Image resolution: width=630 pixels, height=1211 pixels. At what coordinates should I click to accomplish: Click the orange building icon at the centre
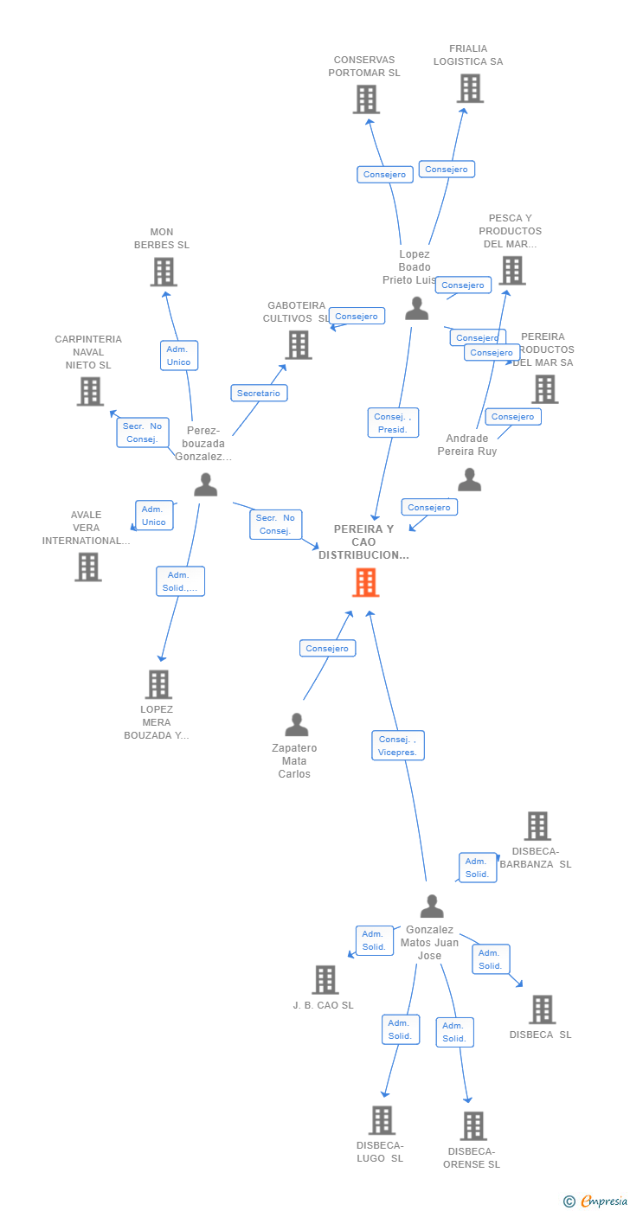click(x=366, y=582)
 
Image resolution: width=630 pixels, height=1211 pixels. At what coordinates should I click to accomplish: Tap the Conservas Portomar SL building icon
click(x=366, y=99)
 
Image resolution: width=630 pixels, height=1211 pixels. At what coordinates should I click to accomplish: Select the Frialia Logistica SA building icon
click(x=470, y=88)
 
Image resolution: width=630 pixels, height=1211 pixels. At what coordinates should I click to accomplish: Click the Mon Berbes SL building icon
click(x=163, y=272)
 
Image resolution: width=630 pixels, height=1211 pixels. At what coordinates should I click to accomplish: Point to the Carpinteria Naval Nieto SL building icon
click(x=90, y=391)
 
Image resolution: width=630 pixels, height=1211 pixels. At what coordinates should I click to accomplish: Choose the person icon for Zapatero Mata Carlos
click(x=297, y=725)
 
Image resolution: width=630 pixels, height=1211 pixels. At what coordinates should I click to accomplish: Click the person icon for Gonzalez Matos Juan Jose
click(x=432, y=907)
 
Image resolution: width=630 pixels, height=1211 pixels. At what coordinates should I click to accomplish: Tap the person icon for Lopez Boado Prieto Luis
click(x=417, y=308)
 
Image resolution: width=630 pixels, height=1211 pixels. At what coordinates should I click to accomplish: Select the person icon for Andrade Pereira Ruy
click(x=469, y=479)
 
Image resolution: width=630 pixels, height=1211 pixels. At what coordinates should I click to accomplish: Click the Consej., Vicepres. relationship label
click(x=398, y=746)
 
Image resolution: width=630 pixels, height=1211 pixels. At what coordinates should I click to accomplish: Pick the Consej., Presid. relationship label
click(x=393, y=423)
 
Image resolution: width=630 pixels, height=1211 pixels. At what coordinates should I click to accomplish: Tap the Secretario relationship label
click(x=259, y=393)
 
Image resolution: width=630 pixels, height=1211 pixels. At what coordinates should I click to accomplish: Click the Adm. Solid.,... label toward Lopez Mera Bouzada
click(x=180, y=581)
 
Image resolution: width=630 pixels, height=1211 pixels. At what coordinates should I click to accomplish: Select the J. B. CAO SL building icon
click(x=325, y=980)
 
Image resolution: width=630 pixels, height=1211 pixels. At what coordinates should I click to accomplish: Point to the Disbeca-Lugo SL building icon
click(x=382, y=1120)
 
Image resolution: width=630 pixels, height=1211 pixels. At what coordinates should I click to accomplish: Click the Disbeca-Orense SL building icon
click(x=473, y=1125)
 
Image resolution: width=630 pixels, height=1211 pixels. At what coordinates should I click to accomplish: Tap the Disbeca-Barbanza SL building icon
click(x=537, y=826)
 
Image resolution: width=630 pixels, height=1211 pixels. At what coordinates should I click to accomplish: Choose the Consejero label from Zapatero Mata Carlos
click(x=327, y=648)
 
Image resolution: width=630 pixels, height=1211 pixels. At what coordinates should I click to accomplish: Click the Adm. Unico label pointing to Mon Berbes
click(x=178, y=356)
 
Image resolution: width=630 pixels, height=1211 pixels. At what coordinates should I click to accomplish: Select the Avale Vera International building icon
click(x=88, y=567)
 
